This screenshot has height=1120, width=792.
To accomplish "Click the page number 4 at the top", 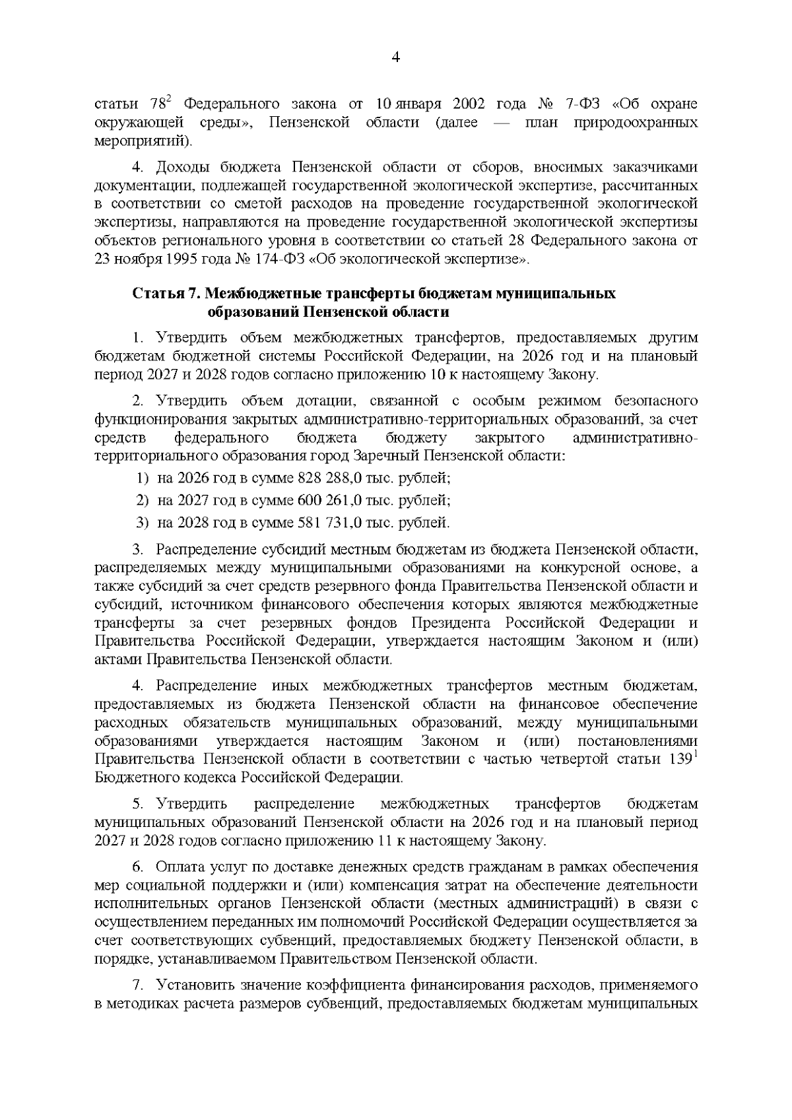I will coord(396,57).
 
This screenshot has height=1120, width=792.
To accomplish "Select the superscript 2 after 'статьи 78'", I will coord(168,99).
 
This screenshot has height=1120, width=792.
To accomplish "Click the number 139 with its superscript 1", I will coord(681,759).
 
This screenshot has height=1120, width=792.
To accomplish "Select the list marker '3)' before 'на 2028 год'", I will coord(143,523).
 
